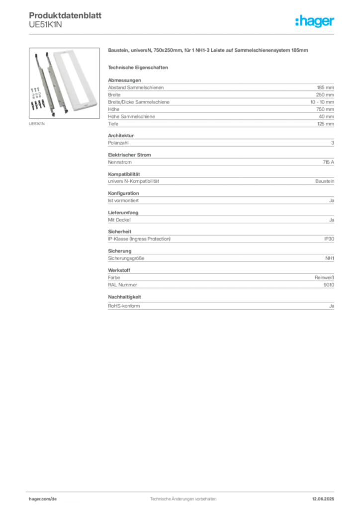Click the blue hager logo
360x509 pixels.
pyautogui.click(x=315, y=21)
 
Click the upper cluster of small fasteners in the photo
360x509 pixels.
pyautogui.click(x=35, y=92)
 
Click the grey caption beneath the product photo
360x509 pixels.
pyautogui.click(x=37, y=123)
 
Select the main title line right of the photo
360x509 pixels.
pyautogui.click(x=209, y=51)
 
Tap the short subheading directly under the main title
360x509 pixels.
pyautogui.click(x=139, y=67)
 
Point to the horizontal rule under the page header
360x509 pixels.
pyautogui.click(x=183, y=34)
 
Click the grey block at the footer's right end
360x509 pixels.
pyautogui.click(x=327, y=496)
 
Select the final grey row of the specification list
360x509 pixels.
pyautogui.click(x=220, y=304)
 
